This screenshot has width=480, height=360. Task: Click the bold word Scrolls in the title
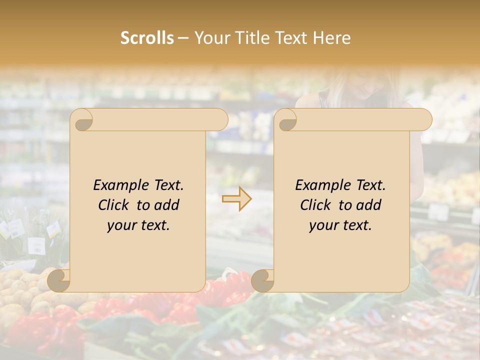coord(147,38)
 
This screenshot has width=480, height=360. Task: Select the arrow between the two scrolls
coord(237,198)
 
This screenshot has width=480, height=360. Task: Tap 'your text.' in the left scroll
coord(138,225)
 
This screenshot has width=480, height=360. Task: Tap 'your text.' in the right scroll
coord(340,225)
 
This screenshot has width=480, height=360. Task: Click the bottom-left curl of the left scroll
coord(59,281)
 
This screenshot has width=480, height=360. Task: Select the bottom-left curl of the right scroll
coord(262,281)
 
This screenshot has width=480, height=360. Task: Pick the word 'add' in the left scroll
coord(167,205)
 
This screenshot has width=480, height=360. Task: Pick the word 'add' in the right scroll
coord(369,205)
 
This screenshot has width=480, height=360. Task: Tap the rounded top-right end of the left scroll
coord(220,120)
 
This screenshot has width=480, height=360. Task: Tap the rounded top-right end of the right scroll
coord(423,120)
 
